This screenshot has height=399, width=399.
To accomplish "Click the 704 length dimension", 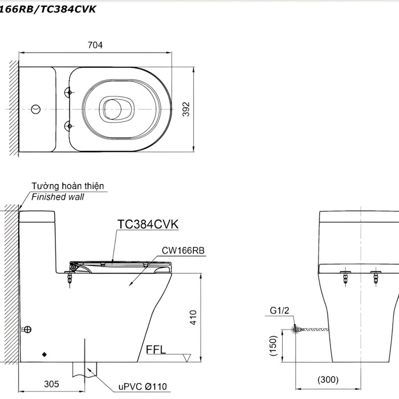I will pos(95,46).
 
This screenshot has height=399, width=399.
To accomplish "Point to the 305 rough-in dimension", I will pos(51,384).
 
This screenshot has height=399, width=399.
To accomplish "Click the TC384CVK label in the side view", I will pos(148,224).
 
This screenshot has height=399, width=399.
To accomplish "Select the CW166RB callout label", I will pos(183,250).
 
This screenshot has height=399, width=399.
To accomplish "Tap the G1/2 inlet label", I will pos(280,311).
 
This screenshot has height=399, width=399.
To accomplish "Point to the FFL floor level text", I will pos(156,349).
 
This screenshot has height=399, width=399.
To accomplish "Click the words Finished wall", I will pos(58,197).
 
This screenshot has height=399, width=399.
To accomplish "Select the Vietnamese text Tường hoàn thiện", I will pos(68,186).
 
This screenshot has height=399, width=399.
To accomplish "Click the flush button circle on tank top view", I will pos(35,108).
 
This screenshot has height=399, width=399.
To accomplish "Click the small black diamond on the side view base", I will pos(44,354).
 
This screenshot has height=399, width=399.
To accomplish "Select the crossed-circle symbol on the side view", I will pos(27,329).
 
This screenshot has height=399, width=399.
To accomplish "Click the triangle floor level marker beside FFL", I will pos(186,357).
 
